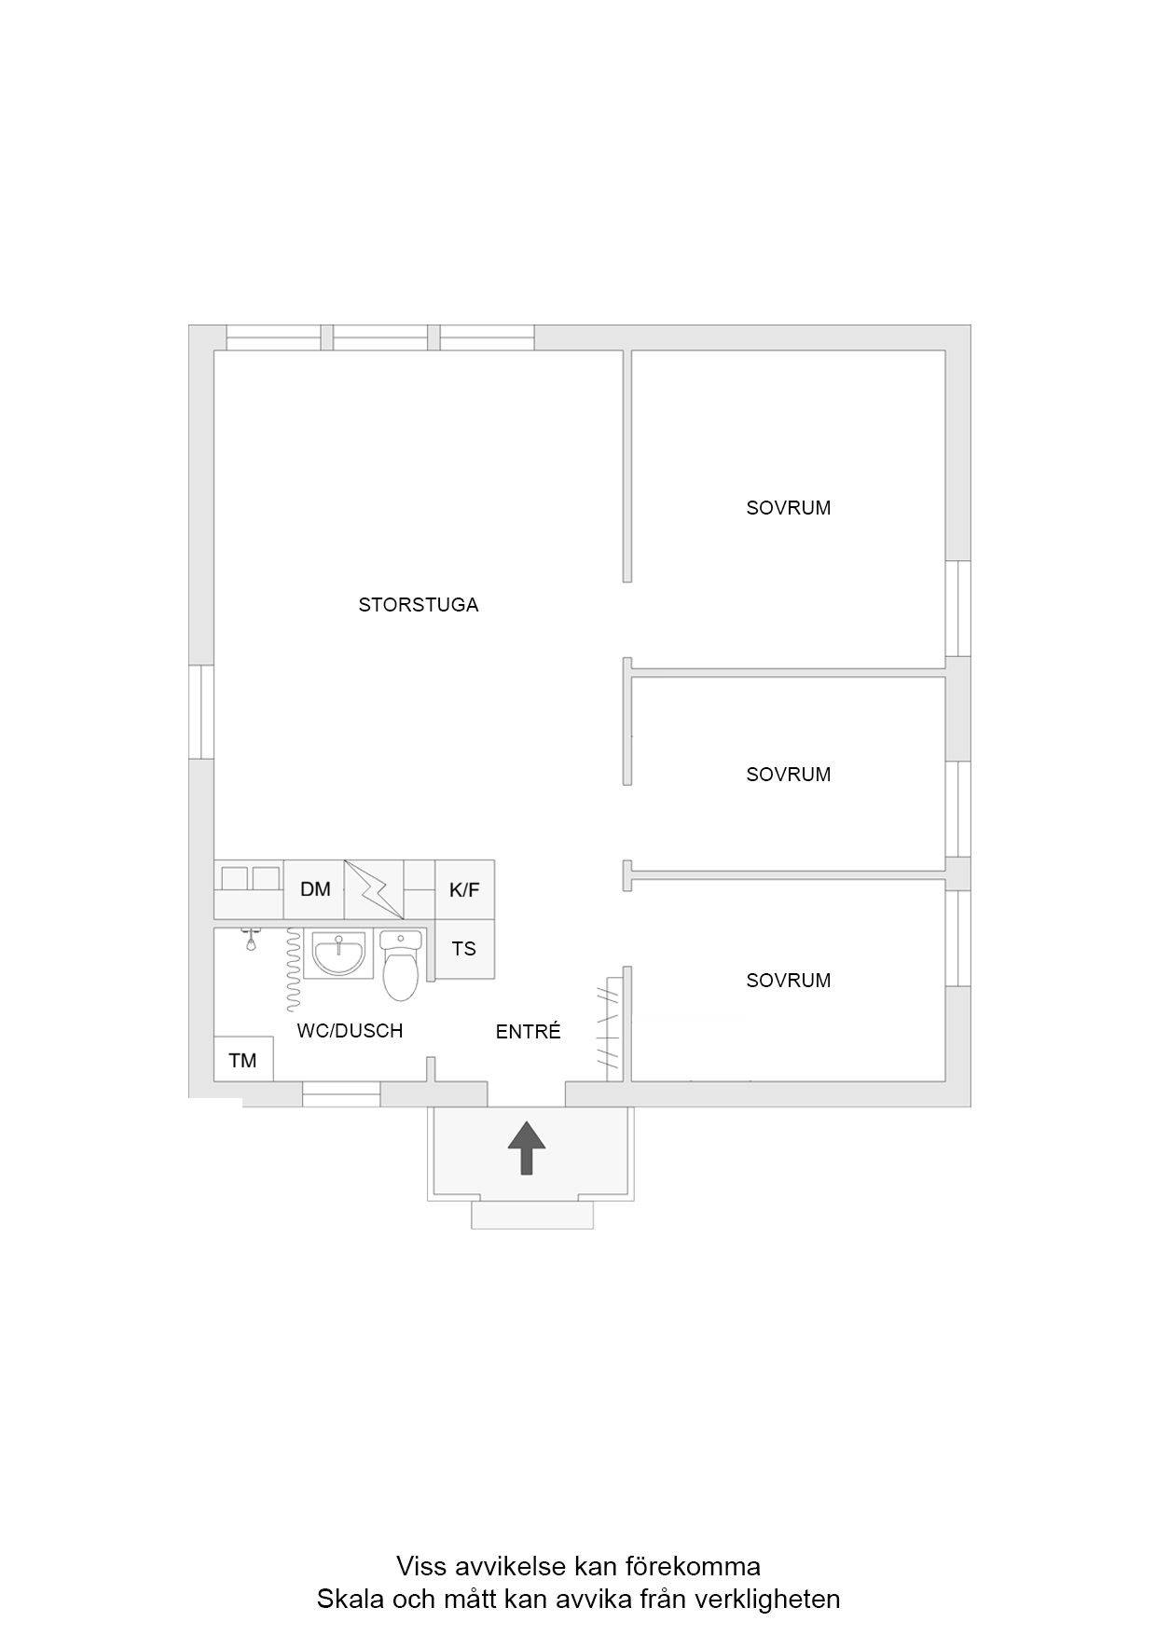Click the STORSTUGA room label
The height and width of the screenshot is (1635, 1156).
click(419, 605)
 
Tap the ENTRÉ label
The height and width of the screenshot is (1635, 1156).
click(528, 1032)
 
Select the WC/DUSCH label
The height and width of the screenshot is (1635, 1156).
click(350, 1031)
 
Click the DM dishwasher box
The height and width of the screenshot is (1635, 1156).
click(315, 889)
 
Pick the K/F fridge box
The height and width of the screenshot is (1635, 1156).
click(464, 889)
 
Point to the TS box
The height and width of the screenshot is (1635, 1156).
click(464, 949)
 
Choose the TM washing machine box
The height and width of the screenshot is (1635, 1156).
click(243, 1060)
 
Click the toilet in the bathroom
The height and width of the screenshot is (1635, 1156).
click(401, 965)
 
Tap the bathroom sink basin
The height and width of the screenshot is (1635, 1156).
click(338, 954)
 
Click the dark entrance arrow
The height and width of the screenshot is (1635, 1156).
click(527, 1147)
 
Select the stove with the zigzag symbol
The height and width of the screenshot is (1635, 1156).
click(375, 889)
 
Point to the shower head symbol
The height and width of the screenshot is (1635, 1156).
click(250, 939)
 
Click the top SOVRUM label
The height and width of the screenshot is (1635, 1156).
click(789, 508)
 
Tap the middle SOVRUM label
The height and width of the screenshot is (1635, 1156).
click(789, 775)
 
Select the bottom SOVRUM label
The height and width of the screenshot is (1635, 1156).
click(789, 981)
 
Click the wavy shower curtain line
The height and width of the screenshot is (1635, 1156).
click(294, 969)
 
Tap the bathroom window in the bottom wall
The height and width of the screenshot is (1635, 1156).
click(341, 1094)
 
